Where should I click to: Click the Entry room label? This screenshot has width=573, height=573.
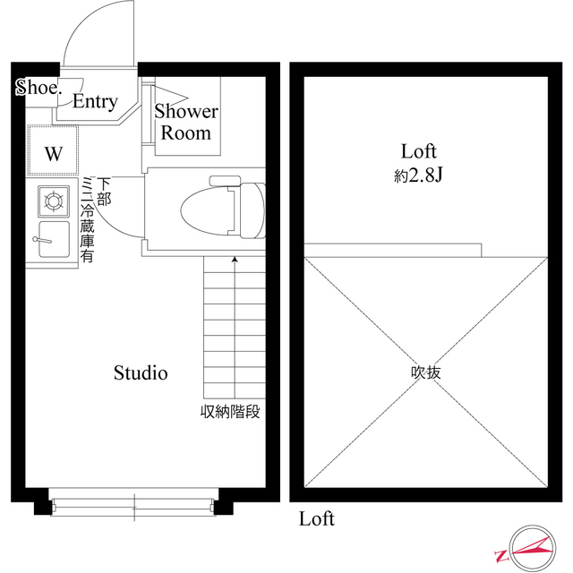click(95, 102)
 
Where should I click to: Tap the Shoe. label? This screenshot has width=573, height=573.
click(38, 88)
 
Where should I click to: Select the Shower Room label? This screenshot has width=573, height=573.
click(186, 123)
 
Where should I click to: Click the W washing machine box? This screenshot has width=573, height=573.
click(54, 153)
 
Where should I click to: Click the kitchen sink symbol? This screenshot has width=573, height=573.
click(52, 240)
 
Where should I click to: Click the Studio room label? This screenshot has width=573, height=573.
click(141, 373)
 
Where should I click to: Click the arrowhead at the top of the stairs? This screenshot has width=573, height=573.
click(235, 260)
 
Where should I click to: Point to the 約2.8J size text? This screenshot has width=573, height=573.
click(421, 176)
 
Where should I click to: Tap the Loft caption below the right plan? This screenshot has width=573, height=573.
click(317, 519)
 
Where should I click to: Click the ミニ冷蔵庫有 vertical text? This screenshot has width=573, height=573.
click(88, 220)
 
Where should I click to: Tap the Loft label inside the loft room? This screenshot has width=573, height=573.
click(419, 151)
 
